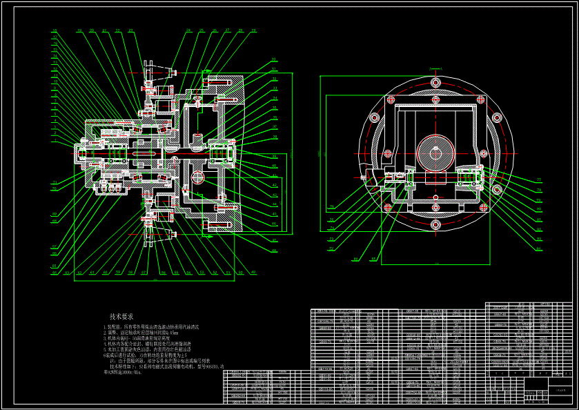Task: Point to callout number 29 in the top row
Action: pos(253,31)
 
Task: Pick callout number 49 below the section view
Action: pos(253,273)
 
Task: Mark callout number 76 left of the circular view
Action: pos(331,206)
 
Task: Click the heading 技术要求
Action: pos(121,316)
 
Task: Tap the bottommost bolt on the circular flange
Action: pos(435,224)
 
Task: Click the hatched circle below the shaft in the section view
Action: pos(199,177)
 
